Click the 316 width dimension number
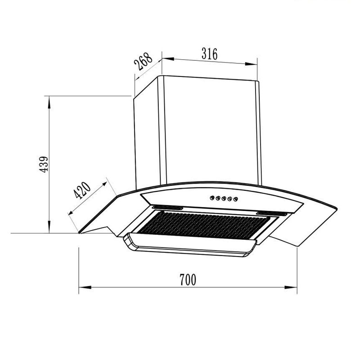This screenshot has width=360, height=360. point(209,54)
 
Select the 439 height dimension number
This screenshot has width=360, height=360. point(43,166)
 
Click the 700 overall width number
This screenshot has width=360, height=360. point(188,280)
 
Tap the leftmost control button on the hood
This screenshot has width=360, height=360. point(212,197)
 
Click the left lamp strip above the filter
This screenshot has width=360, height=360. point(167,208)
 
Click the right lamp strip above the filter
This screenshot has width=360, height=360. point(270,212)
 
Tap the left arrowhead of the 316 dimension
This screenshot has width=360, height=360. point(165,58)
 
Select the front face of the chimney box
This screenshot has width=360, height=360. point(209,130)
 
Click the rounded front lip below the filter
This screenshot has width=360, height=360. point(189,247)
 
